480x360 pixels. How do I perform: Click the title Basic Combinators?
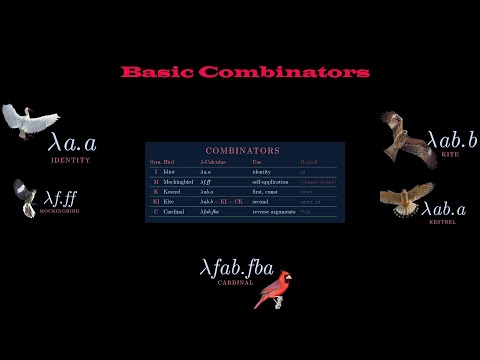[x=245, y=72]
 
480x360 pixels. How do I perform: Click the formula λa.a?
[x=72, y=143]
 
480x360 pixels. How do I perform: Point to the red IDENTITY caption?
[x=70, y=160]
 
